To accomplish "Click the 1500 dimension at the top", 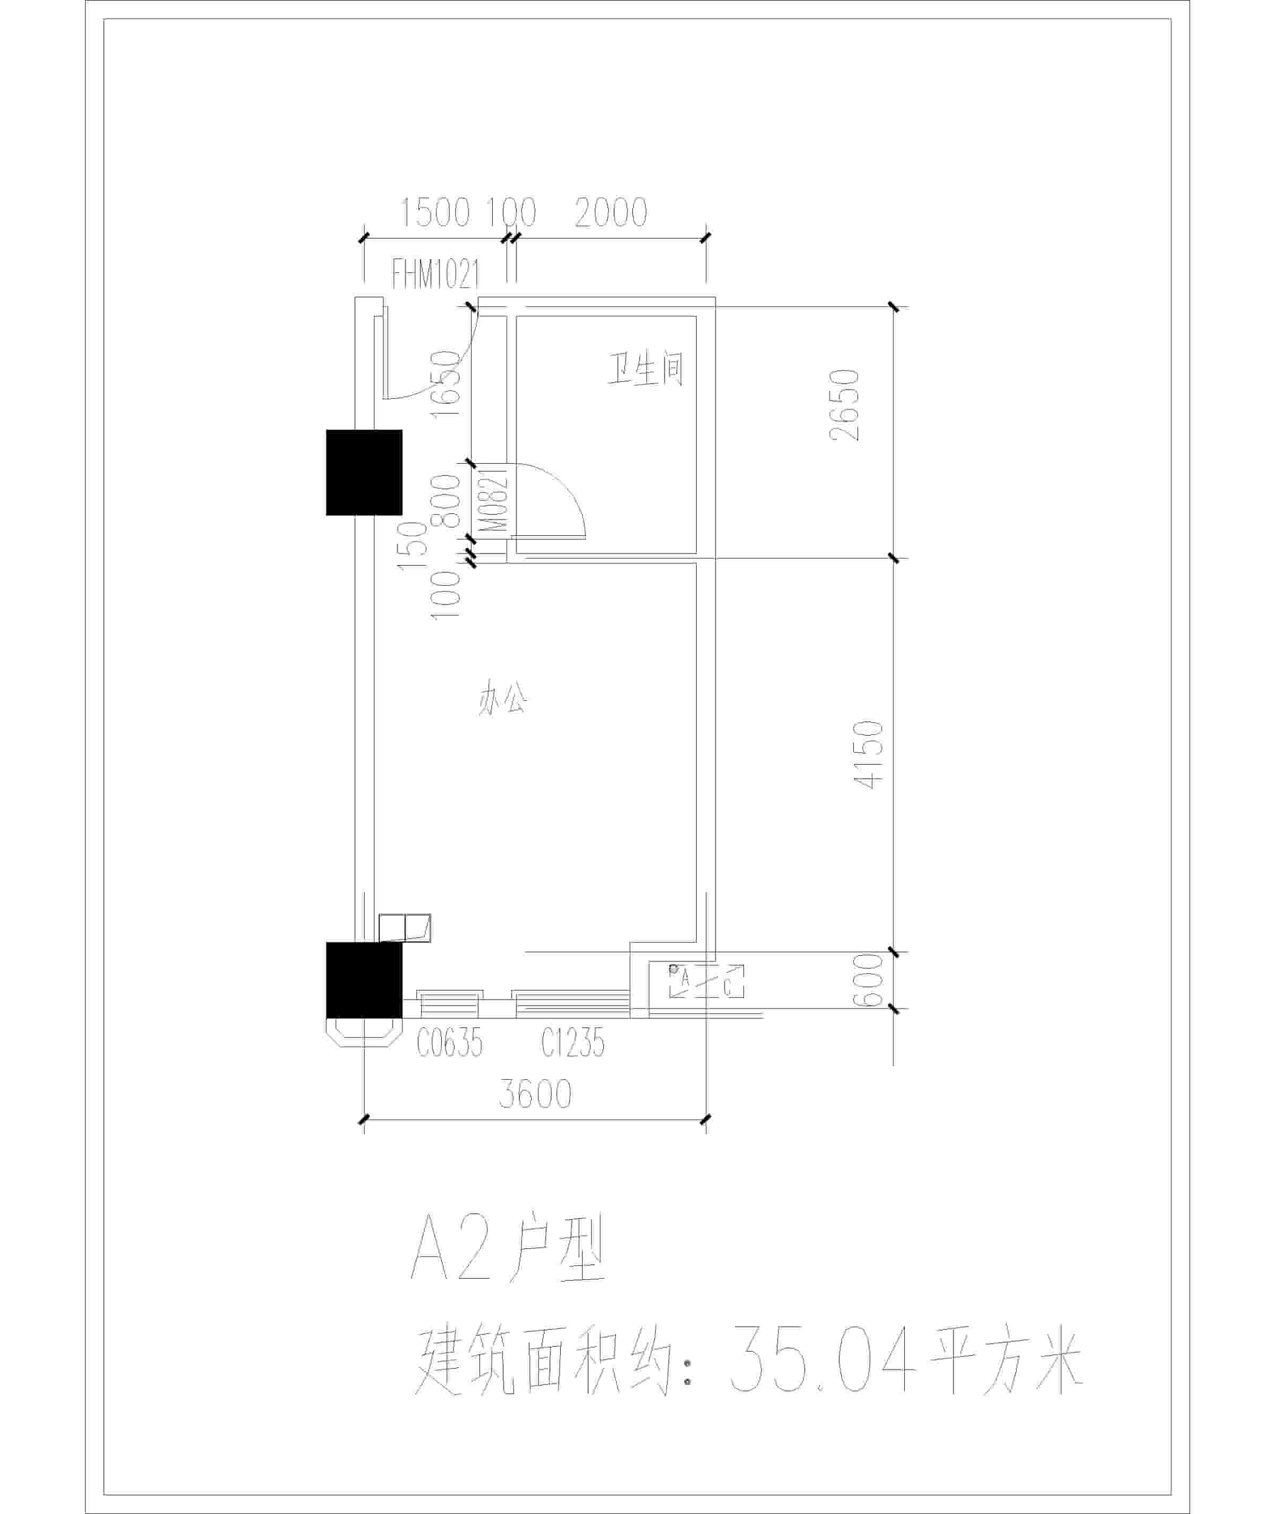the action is coord(435,212).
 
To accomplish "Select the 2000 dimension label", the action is coord(611,212).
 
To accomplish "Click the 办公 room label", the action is coord(502,699).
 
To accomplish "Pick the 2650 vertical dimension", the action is coord(844,405).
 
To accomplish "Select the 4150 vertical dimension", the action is coord(869,755).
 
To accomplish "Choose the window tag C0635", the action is coord(450,1043).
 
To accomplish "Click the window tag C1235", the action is coord(572,1043).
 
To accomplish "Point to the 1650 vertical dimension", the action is coord(445,384).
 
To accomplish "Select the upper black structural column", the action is coord(364,473).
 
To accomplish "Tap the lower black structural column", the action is coord(364,980).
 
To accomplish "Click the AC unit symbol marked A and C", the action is coord(705,981).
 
